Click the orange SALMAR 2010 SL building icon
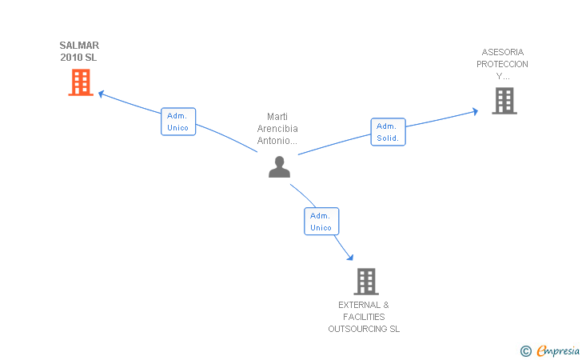pyautogui.click(x=81, y=82)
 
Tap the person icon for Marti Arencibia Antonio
pyautogui.click(x=279, y=166)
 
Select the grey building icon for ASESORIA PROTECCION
pyautogui.click(x=504, y=101)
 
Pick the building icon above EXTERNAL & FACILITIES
pyautogui.click(x=366, y=282)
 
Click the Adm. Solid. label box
pyautogui.click(x=388, y=132)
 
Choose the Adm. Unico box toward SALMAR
pyautogui.click(x=178, y=122)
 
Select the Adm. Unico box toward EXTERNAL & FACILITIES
pyautogui.click(x=321, y=222)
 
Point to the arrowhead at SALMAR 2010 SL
pyautogui.click(x=101, y=94)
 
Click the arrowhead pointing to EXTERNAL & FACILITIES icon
pyautogui.click(x=349, y=257)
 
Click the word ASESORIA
pyautogui.click(x=503, y=52)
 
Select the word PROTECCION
pyautogui.click(x=502, y=64)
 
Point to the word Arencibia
pyautogui.click(x=277, y=129)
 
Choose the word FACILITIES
pyautogui.click(x=364, y=317)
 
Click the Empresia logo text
pyautogui.click(x=556, y=350)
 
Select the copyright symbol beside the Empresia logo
pyautogui.click(x=525, y=350)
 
